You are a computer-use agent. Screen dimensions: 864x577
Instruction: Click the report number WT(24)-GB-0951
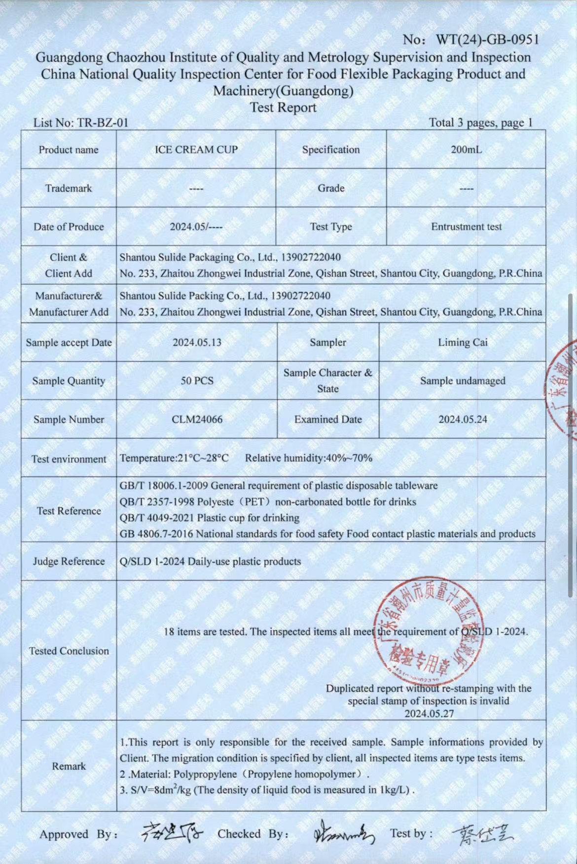pyautogui.click(x=486, y=39)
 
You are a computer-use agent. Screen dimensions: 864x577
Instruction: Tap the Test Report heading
pyautogui.click(x=283, y=107)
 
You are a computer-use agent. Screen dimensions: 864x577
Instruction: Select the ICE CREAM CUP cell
pyautogui.click(x=196, y=150)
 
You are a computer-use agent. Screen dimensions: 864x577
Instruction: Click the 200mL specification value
pyautogui.click(x=466, y=150)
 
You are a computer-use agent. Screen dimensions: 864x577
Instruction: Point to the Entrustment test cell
pyautogui.click(x=466, y=227)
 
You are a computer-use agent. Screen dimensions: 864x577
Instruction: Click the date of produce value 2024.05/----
pyautogui.click(x=196, y=227)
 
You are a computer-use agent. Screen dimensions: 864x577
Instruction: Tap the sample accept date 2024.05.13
pyautogui.click(x=197, y=342)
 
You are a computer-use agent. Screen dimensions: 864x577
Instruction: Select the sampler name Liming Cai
pyautogui.click(x=463, y=342)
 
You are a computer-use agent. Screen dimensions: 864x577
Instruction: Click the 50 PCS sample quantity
pyautogui.click(x=197, y=381)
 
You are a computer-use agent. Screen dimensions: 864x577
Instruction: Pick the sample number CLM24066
pyautogui.click(x=197, y=420)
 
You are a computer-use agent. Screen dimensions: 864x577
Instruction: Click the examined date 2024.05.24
pyautogui.click(x=463, y=420)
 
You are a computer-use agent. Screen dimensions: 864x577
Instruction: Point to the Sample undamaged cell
pyautogui.click(x=463, y=381)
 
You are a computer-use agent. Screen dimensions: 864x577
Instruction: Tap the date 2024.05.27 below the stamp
pyautogui.click(x=429, y=713)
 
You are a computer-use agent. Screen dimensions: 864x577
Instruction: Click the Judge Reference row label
pyautogui.click(x=69, y=562)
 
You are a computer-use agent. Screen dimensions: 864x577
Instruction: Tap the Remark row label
pyautogui.click(x=69, y=766)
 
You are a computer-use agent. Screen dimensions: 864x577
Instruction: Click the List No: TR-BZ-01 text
pyautogui.click(x=81, y=123)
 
